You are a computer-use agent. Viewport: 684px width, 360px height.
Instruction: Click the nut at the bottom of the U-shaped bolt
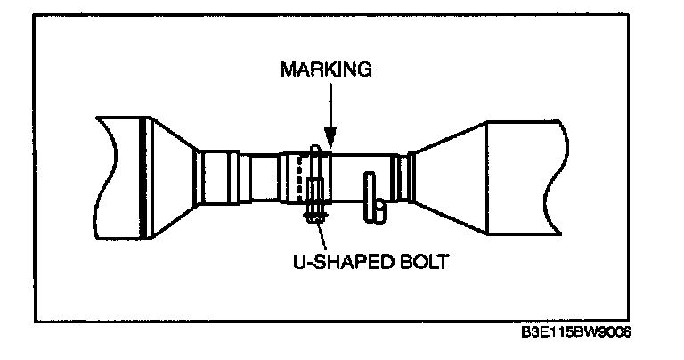tap(313, 215)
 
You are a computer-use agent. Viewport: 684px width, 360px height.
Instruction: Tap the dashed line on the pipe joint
tap(298, 178)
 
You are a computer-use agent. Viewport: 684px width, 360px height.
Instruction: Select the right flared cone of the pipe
tap(451, 178)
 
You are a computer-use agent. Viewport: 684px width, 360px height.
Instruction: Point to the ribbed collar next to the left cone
tap(215, 178)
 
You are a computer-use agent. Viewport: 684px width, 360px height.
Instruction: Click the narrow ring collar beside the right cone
tap(405, 178)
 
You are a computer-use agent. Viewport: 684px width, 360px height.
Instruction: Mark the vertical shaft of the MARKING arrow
tap(330, 107)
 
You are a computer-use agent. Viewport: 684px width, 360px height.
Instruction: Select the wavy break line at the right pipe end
tap(560, 178)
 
